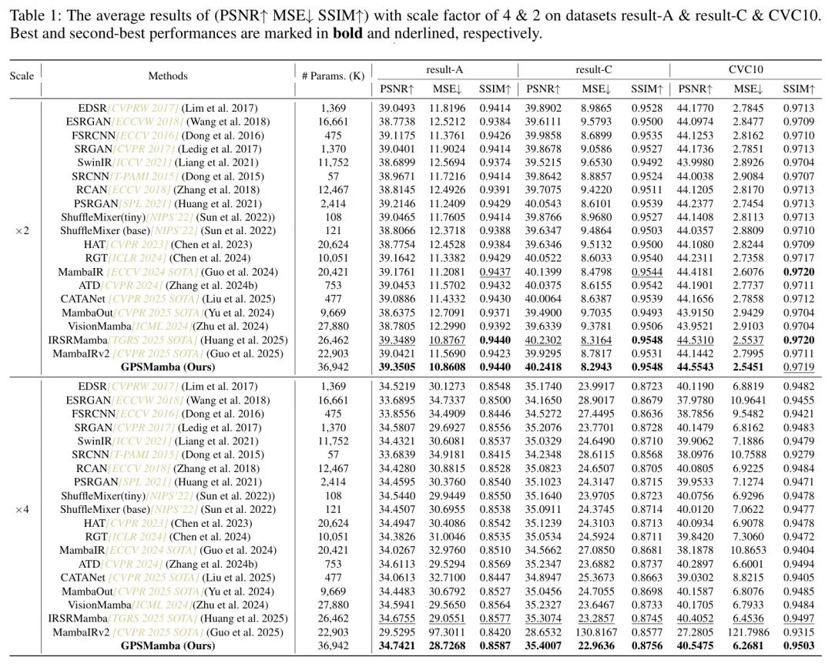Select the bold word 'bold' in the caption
[347, 34]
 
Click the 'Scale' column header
[22, 75]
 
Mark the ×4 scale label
[23, 509]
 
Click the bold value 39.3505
[398, 367]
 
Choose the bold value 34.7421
[398, 645]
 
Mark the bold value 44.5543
[698, 367]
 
